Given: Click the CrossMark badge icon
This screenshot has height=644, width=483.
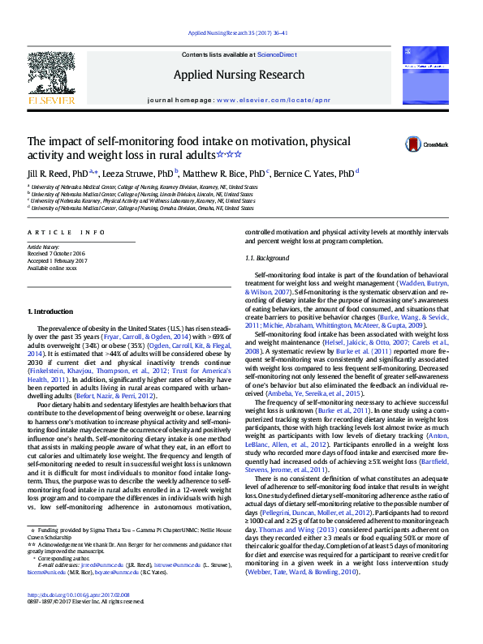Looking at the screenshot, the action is (416, 144).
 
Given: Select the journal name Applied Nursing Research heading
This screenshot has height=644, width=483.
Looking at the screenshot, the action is (240, 75).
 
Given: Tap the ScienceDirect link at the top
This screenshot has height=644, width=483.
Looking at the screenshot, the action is (277, 54).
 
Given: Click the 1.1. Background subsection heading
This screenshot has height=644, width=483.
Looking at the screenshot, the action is (266, 258).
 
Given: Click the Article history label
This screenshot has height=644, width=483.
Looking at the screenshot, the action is (44, 246).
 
